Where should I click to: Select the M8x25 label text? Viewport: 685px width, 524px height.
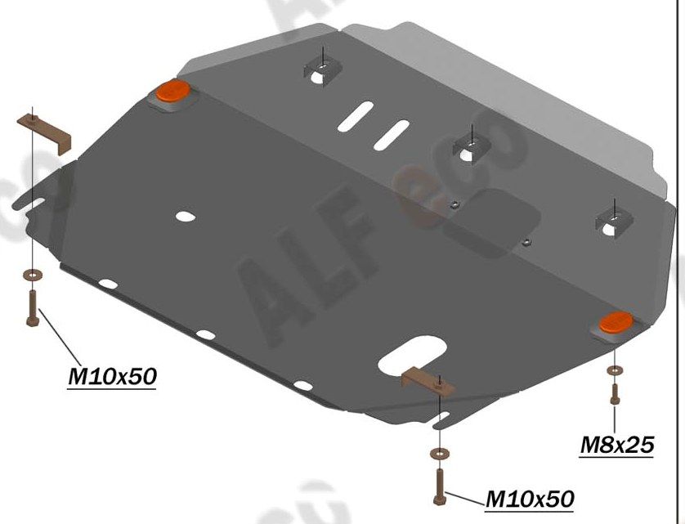[x=617, y=445]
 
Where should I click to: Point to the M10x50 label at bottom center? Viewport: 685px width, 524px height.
[x=530, y=498]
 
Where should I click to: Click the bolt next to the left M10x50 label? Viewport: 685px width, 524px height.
[x=32, y=310]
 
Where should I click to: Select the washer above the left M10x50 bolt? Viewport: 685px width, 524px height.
[x=32, y=275]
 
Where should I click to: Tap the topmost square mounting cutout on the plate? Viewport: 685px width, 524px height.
[x=323, y=70]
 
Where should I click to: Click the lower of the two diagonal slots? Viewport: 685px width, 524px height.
[x=391, y=134]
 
